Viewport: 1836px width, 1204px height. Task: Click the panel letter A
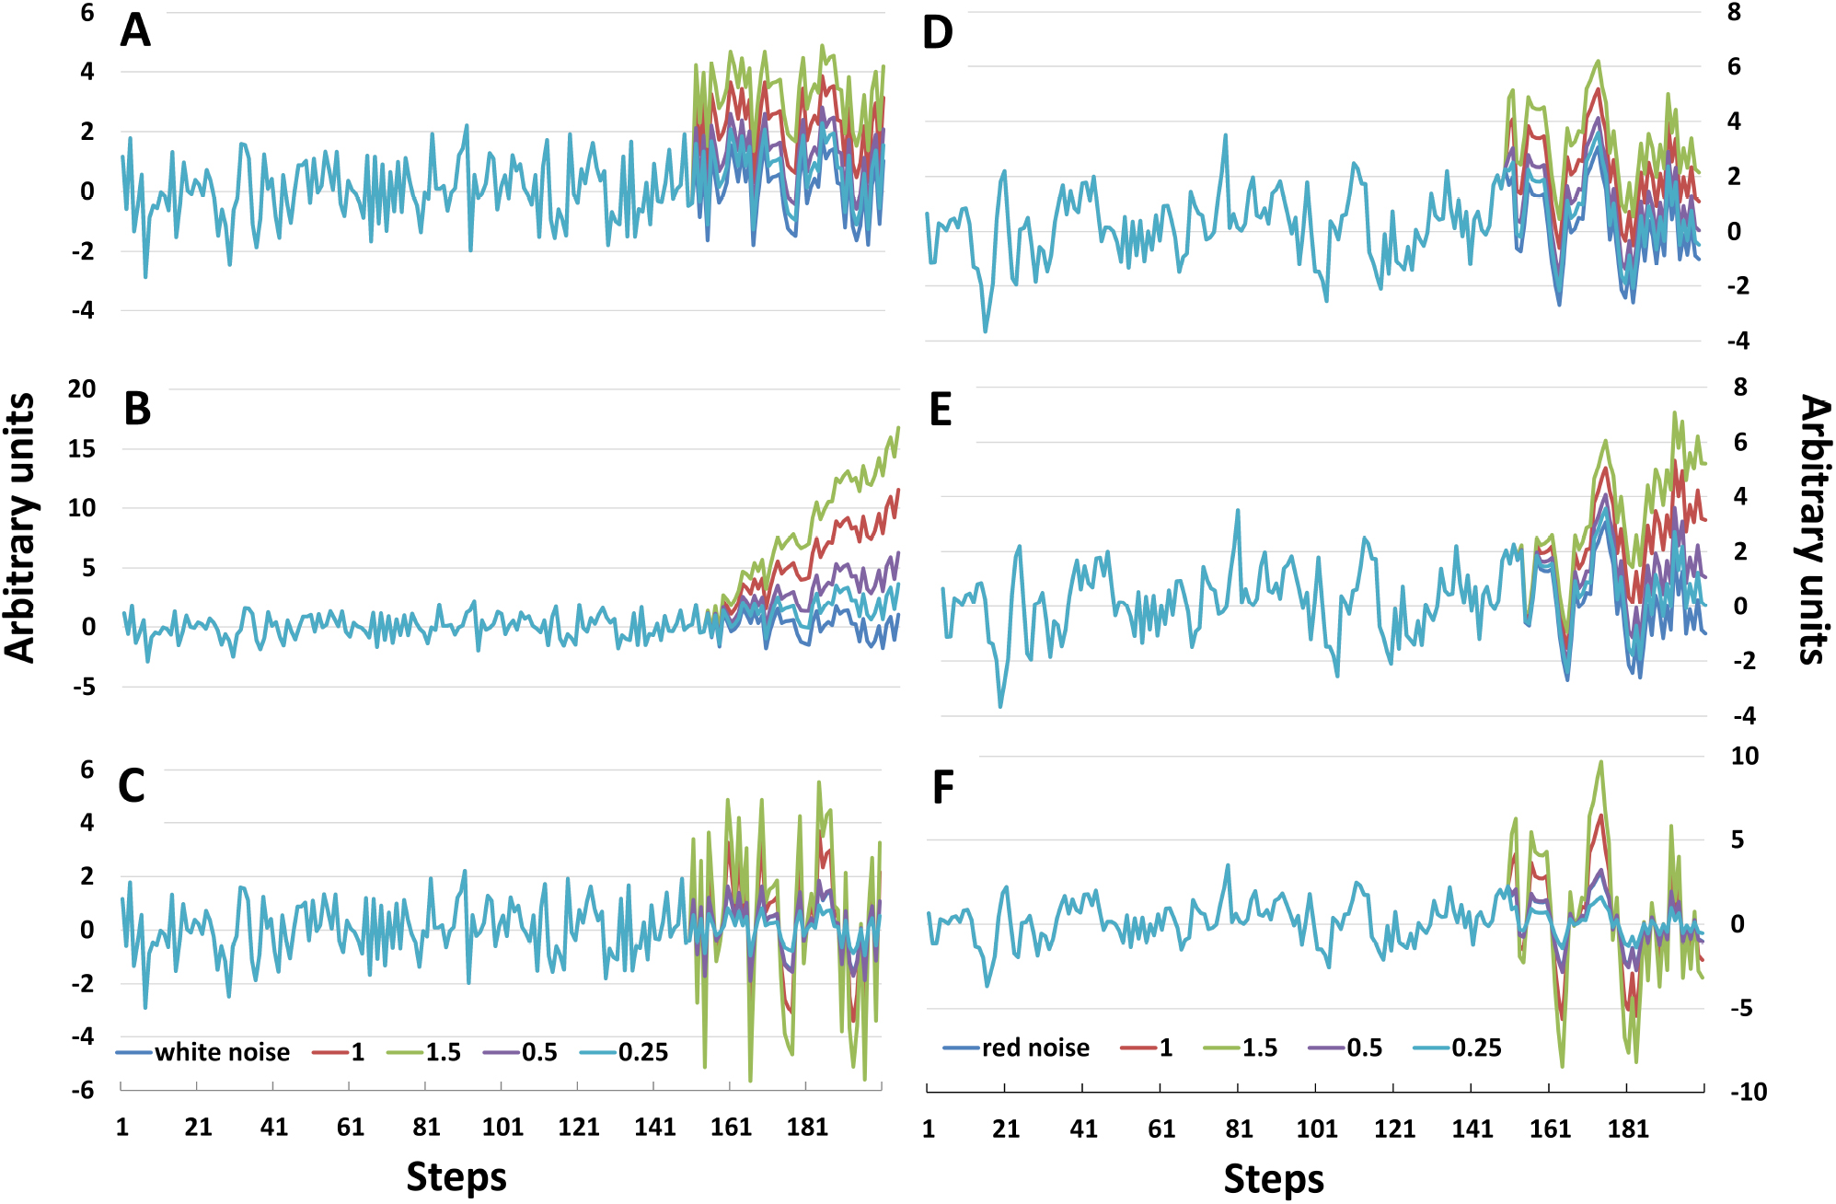pos(135,31)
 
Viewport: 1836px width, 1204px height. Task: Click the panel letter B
pos(137,409)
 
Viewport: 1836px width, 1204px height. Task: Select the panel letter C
pos(132,786)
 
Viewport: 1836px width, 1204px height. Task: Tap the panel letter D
pos(937,33)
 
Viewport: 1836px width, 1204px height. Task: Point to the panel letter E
pos(940,411)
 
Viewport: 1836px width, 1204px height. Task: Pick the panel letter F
pos(942,788)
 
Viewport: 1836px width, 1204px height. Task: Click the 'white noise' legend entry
pos(221,1052)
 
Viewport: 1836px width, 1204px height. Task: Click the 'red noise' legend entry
pos(1034,1048)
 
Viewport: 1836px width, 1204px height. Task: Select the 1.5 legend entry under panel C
pos(443,1052)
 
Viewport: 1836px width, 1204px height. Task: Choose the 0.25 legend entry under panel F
pos(1476,1048)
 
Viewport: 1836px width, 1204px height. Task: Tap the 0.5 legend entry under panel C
pos(539,1052)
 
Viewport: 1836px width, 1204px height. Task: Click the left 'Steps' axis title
pos(456,1177)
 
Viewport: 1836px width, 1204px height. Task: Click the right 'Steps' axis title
pos(1274,1179)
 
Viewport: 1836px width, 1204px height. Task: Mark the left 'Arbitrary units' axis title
pos(20,527)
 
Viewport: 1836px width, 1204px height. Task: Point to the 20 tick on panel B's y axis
pos(81,388)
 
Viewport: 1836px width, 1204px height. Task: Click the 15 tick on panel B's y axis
pos(81,449)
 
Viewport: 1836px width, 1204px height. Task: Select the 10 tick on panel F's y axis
pos(1744,757)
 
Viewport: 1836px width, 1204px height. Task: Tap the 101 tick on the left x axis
pos(502,1128)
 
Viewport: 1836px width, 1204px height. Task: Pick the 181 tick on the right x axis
pos(1627,1129)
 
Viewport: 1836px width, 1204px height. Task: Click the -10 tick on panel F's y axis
pos(1748,1093)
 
